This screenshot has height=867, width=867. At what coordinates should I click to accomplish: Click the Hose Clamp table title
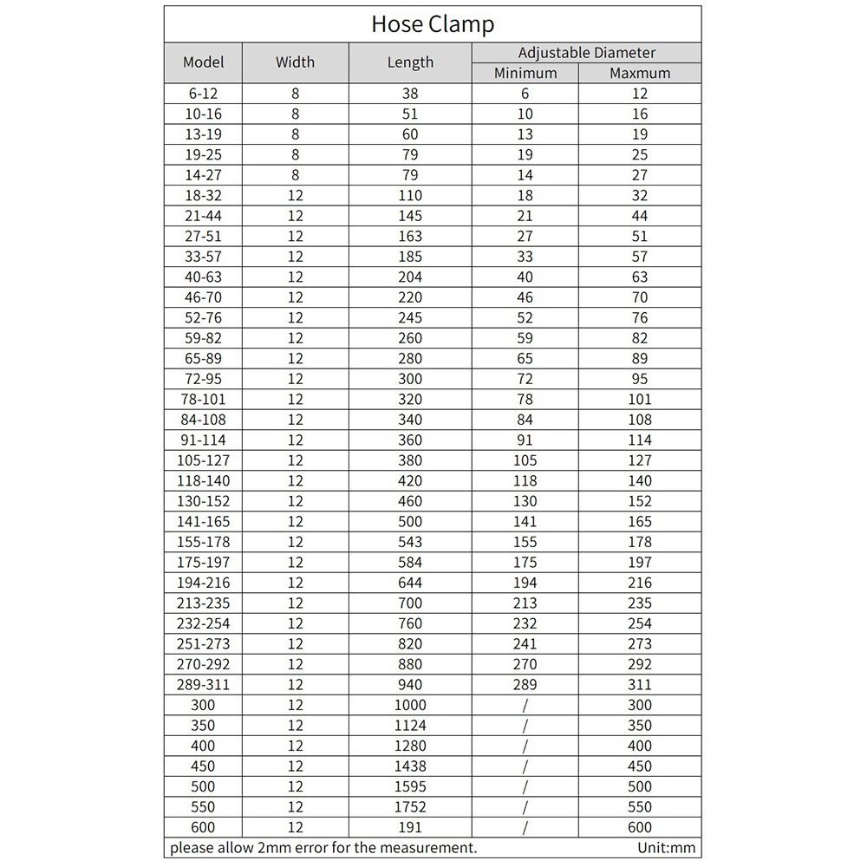[x=433, y=23]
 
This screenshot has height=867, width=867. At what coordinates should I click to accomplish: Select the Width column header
[x=295, y=62]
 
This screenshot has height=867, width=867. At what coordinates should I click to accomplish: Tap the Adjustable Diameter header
[x=586, y=53]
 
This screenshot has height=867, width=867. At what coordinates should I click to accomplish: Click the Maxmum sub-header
[x=640, y=74]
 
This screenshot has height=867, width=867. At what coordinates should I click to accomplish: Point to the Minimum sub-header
[x=525, y=74]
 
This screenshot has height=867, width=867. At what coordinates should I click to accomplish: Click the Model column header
[x=204, y=62]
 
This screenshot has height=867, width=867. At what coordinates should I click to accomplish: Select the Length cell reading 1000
[x=410, y=705]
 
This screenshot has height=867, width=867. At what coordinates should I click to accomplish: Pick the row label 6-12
[x=204, y=94]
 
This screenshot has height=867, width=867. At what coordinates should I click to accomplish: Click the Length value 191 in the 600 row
[x=410, y=827]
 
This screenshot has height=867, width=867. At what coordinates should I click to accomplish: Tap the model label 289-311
[x=204, y=685]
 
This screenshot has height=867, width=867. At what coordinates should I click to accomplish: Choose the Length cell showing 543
[x=410, y=542]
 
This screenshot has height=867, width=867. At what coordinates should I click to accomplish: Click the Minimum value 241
[x=525, y=644]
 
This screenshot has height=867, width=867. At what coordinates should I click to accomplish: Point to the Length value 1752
[x=410, y=807]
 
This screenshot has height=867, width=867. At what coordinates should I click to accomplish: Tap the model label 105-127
[x=204, y=460]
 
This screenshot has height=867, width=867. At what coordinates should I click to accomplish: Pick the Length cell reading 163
[x=410, y=236]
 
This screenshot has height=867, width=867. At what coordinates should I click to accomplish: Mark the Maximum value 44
[x=640, y=216]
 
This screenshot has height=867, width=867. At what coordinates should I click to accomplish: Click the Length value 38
[x=410, y=94]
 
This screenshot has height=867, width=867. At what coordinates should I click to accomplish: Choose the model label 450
[x=204, y=766]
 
